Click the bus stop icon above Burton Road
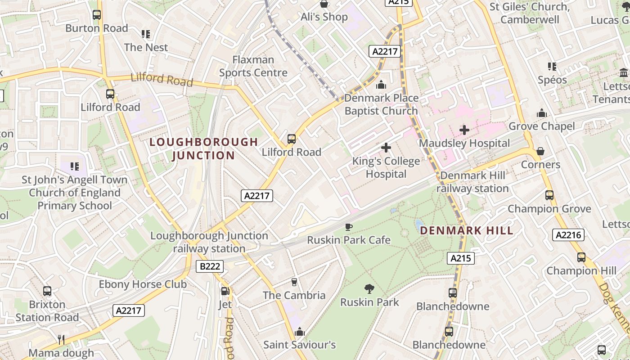click(x=97, y=15)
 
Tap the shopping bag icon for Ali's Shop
click(x=324, y=4)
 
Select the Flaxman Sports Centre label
click(x=253, y=66)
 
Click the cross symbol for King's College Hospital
click(x=386, y=148)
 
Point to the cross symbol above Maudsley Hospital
click(x=464, y=130)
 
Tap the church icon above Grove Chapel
click(x=541, y=112)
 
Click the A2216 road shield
click(x=569, y=234)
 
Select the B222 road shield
click(x=210, y=266)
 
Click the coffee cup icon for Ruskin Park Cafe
click(x=348, y=227)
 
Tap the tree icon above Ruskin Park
click(x=369, y=288)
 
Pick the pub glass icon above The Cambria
click(x=294, y=282)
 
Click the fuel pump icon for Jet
click(x=225, y=291)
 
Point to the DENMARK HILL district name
click(x=466, y=231)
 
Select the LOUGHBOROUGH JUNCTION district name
click(x=203, y=148)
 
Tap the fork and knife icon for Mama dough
click(x=61, y=339)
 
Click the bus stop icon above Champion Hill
click(x=581, y=257)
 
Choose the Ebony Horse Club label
click(x=143, y=284)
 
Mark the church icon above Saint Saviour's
click(x=299, y=332)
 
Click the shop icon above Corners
click(x=540, y=151)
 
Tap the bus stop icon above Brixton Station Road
click(x=47, y=291)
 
